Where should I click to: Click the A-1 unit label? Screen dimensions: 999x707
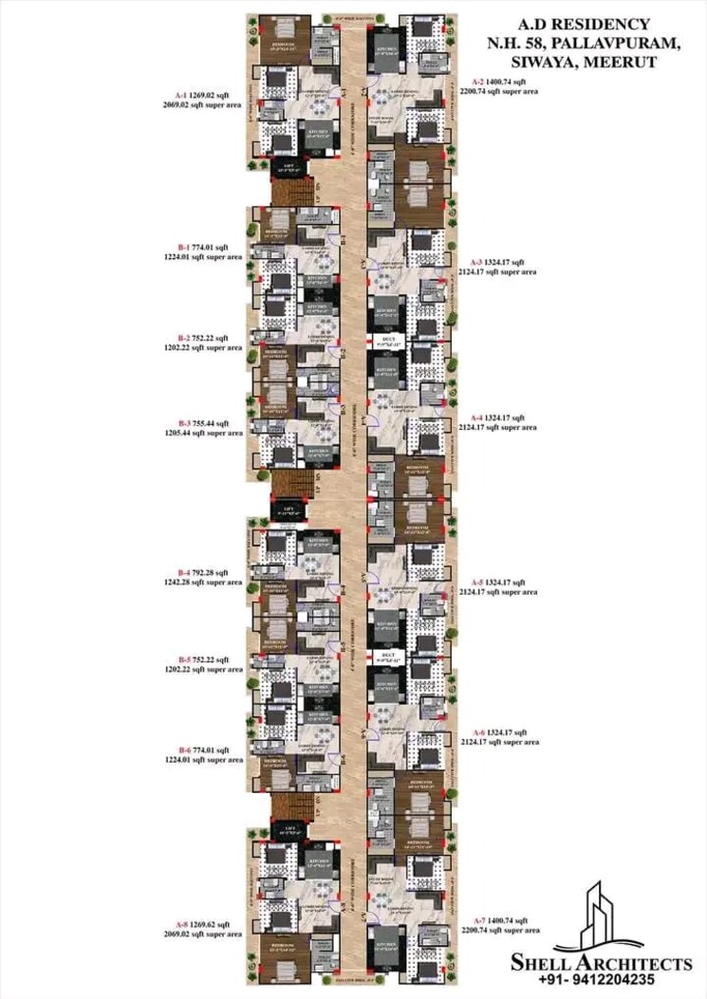[182, 96]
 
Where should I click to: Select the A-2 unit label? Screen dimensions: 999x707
[479, 83]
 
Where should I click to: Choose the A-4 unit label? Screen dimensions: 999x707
[480, 417]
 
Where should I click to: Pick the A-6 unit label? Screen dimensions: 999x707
[480, 732]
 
